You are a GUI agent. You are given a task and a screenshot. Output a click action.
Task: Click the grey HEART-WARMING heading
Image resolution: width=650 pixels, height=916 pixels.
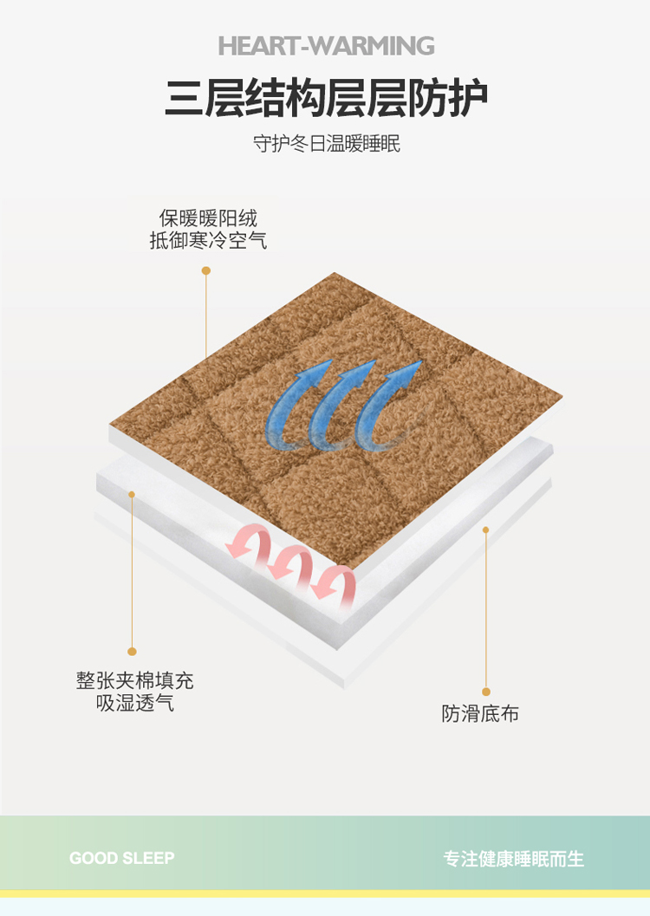[x=326, y=46]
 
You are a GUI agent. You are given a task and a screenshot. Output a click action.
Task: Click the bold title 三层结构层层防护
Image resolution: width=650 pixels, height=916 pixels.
[x=326, y=98]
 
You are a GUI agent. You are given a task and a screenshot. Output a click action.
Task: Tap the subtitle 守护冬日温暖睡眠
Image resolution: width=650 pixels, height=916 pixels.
[x=327, y=143]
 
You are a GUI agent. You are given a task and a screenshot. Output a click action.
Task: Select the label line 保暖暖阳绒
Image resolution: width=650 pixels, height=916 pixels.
[x=208, y=218]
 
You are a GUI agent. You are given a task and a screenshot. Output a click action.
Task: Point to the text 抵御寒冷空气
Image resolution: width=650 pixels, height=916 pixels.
[x=208, y=240]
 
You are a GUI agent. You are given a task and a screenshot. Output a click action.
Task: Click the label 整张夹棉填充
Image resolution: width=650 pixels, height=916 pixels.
[x=135, y=680]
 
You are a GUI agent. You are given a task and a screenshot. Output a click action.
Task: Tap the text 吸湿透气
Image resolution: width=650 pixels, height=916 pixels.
[x=135, y=702]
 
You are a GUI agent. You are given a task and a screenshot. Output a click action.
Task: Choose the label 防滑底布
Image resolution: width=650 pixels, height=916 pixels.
[x=480, y=713]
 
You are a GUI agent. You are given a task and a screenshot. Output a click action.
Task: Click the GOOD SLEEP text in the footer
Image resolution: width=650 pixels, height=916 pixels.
[x=122, y=858]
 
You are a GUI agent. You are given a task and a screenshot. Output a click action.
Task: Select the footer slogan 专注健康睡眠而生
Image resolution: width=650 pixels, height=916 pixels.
[x=513, y=859]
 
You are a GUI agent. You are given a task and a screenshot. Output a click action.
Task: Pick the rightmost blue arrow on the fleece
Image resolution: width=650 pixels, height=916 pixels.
[x=386, y=406]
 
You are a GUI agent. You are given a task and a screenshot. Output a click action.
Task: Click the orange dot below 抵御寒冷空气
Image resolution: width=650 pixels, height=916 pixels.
[x=206, y=270]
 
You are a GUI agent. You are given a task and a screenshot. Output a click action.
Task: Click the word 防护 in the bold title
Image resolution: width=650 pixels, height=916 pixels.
[x=447, y=98]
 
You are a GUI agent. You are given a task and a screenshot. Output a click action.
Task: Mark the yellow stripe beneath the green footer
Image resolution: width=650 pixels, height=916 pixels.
[x=325, y=893]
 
